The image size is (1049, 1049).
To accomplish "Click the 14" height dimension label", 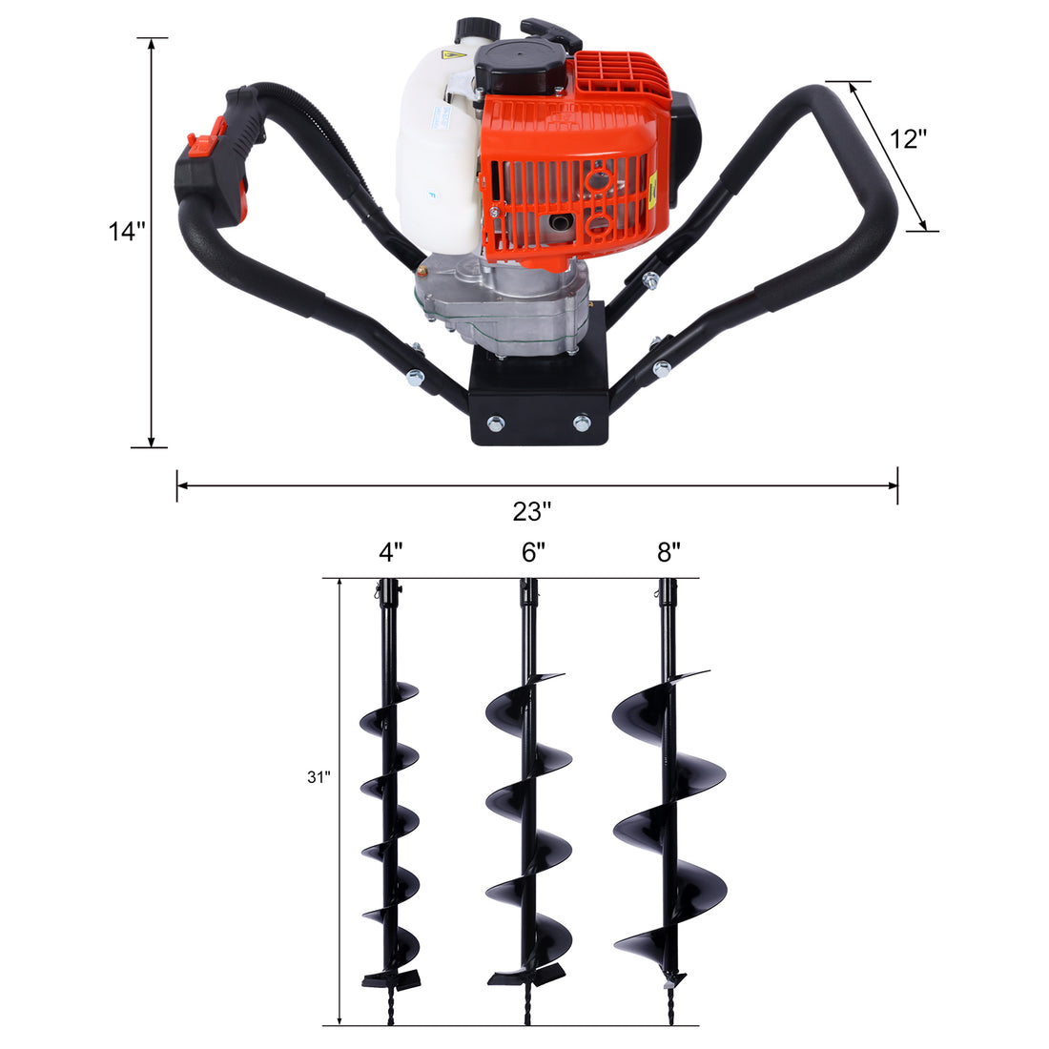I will click(126, 232).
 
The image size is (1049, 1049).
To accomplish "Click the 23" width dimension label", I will click(532, 511).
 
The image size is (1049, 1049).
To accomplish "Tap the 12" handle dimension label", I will click(909, 138).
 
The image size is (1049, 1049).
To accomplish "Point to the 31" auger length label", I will click(319, 777).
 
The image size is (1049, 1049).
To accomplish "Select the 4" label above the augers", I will click(390, 552).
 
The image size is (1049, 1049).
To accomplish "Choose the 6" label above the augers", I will click(533, 552).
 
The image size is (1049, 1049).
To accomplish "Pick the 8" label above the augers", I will click(668, 552).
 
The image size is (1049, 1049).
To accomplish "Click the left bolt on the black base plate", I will click(496, 422).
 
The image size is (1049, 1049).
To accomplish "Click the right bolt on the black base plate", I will click(581, 422).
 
